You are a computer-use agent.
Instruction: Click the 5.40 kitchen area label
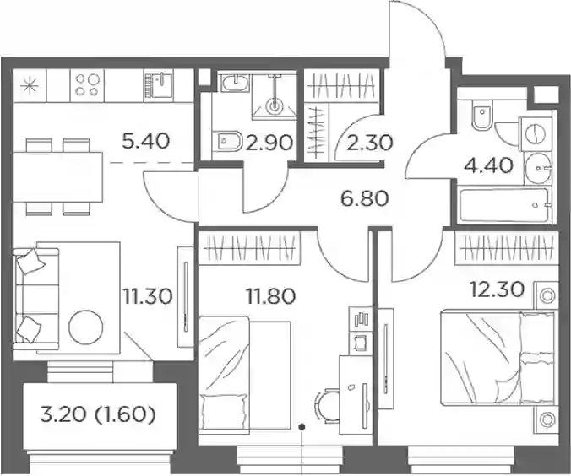(145, 141)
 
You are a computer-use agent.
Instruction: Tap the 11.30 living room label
(148, 296)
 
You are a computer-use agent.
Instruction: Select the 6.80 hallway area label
(365, 198)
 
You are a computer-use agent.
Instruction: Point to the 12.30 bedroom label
(498, 289)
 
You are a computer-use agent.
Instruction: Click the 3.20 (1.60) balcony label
(98, 415)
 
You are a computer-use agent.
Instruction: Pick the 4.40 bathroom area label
(489, 166)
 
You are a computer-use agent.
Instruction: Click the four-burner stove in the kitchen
(87, 85)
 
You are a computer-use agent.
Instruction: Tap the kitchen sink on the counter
(158, 85)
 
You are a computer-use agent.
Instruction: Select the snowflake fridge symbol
(30, 87)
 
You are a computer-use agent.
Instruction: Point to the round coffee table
(86, 327)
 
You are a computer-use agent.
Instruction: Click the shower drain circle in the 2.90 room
(274, 105)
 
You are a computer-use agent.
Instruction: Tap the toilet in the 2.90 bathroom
(227, 140)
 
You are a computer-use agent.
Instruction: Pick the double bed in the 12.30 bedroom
(498, 358)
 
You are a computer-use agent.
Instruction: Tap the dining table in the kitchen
(57, 177)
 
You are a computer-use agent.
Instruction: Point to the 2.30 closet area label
(370, 143)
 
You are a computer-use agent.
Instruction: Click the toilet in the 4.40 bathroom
(481, 114)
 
